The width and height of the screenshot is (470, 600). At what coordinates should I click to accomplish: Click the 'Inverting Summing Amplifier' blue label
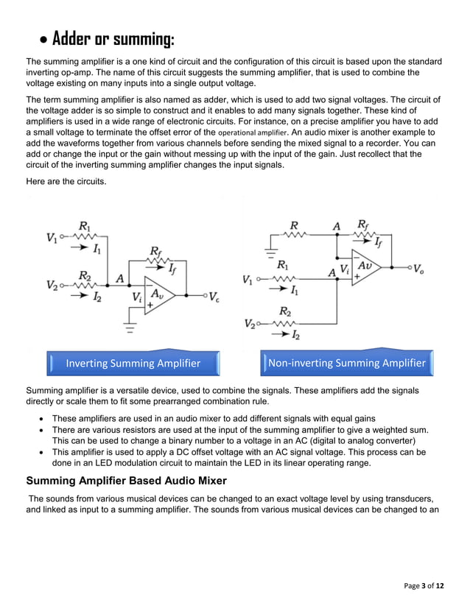(133, 363)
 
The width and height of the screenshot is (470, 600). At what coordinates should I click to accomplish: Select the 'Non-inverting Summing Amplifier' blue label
(347, 363)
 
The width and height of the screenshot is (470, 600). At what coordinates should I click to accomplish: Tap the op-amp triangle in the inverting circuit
(160, 296)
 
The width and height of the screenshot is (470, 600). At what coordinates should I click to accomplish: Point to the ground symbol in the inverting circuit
(130, 328)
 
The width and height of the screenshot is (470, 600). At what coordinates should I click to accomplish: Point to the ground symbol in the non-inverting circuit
(270, 250)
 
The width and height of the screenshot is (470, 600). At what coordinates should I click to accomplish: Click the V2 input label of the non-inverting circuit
(250, 324)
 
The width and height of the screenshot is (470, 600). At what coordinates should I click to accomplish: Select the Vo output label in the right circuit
(418, 269)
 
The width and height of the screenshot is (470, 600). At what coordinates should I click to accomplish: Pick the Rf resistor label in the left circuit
(155, 252)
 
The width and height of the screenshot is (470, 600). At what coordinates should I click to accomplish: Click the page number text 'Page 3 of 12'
(424, 585)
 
